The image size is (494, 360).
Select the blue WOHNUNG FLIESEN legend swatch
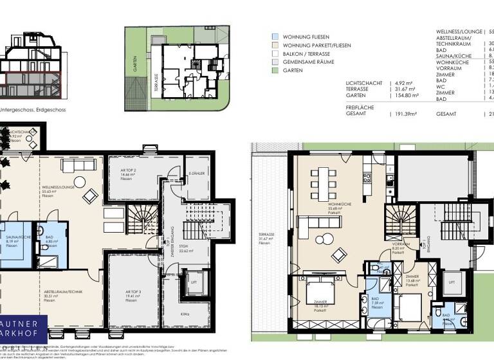pos(275,37)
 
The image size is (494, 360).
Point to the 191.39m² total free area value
pos(405,114)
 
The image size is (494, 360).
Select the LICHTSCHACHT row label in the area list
pos(364,83)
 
